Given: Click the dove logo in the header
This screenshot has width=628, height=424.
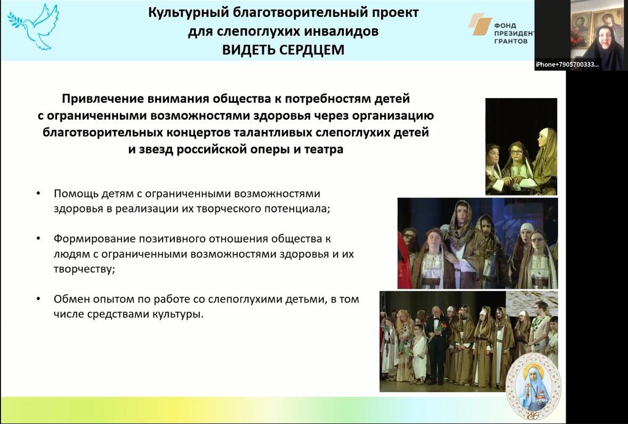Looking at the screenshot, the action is (33, 27).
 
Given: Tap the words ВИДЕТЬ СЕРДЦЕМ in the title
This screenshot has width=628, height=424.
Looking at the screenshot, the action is (283, 50).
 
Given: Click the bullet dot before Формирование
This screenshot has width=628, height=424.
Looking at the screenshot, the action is (38, 239).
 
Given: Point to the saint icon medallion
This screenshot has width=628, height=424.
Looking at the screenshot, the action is (534, 386).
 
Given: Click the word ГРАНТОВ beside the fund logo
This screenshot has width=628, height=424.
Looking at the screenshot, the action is (511, 41).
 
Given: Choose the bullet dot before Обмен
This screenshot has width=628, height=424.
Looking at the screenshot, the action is (38, 299).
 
